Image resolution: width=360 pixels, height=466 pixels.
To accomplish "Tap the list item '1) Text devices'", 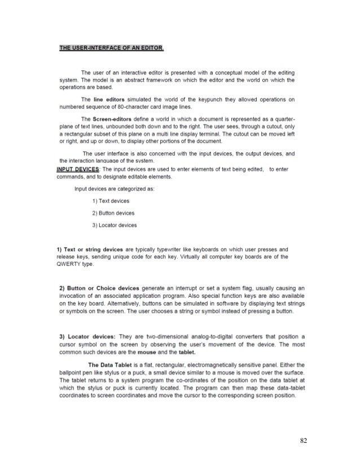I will [x=110, y=201].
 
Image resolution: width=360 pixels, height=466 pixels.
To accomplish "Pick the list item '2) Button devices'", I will [x=113, y=213].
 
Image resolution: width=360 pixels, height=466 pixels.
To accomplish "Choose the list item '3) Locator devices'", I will [x=114, y=226].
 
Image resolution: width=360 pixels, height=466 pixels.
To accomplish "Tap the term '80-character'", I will [x=128, y=106].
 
